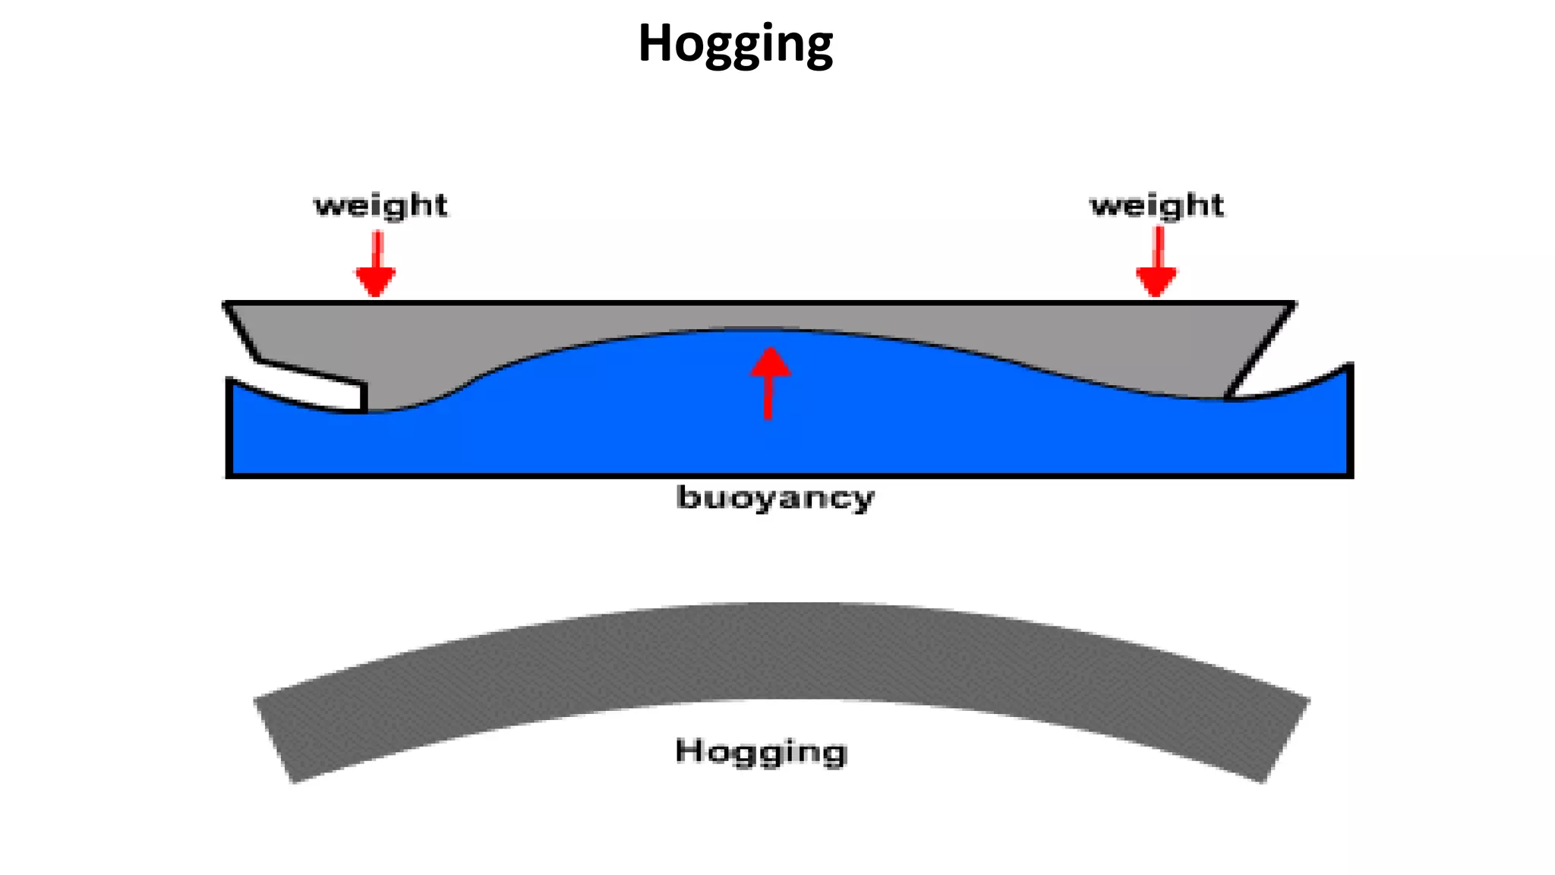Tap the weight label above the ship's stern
pyautogui.click(x=381, y=206)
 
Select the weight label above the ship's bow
pyautogui.click(x=1157, y=206)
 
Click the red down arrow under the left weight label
pyautogui.click(x=376, y=264)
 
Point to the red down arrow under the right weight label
pyautogui.click(x=1156, y=262)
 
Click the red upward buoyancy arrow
pyautogui.click(x=770, y=383)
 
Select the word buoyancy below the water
pyautogui.click(x=775, y=499)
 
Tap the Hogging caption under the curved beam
pyautogui.click(x=761, y=752)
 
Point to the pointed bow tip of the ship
pyautogui.click(x=1294, y=304)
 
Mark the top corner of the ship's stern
pyautogui.click(x=226, y=304)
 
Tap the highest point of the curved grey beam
pyautogui.click(x=782, y=604)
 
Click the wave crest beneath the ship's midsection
pyautogui.click(x=759, y=330)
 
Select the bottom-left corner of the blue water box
pyautogui.click(x=229, y=475)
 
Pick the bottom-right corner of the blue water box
pyautogui.click(x=1351, y=475)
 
